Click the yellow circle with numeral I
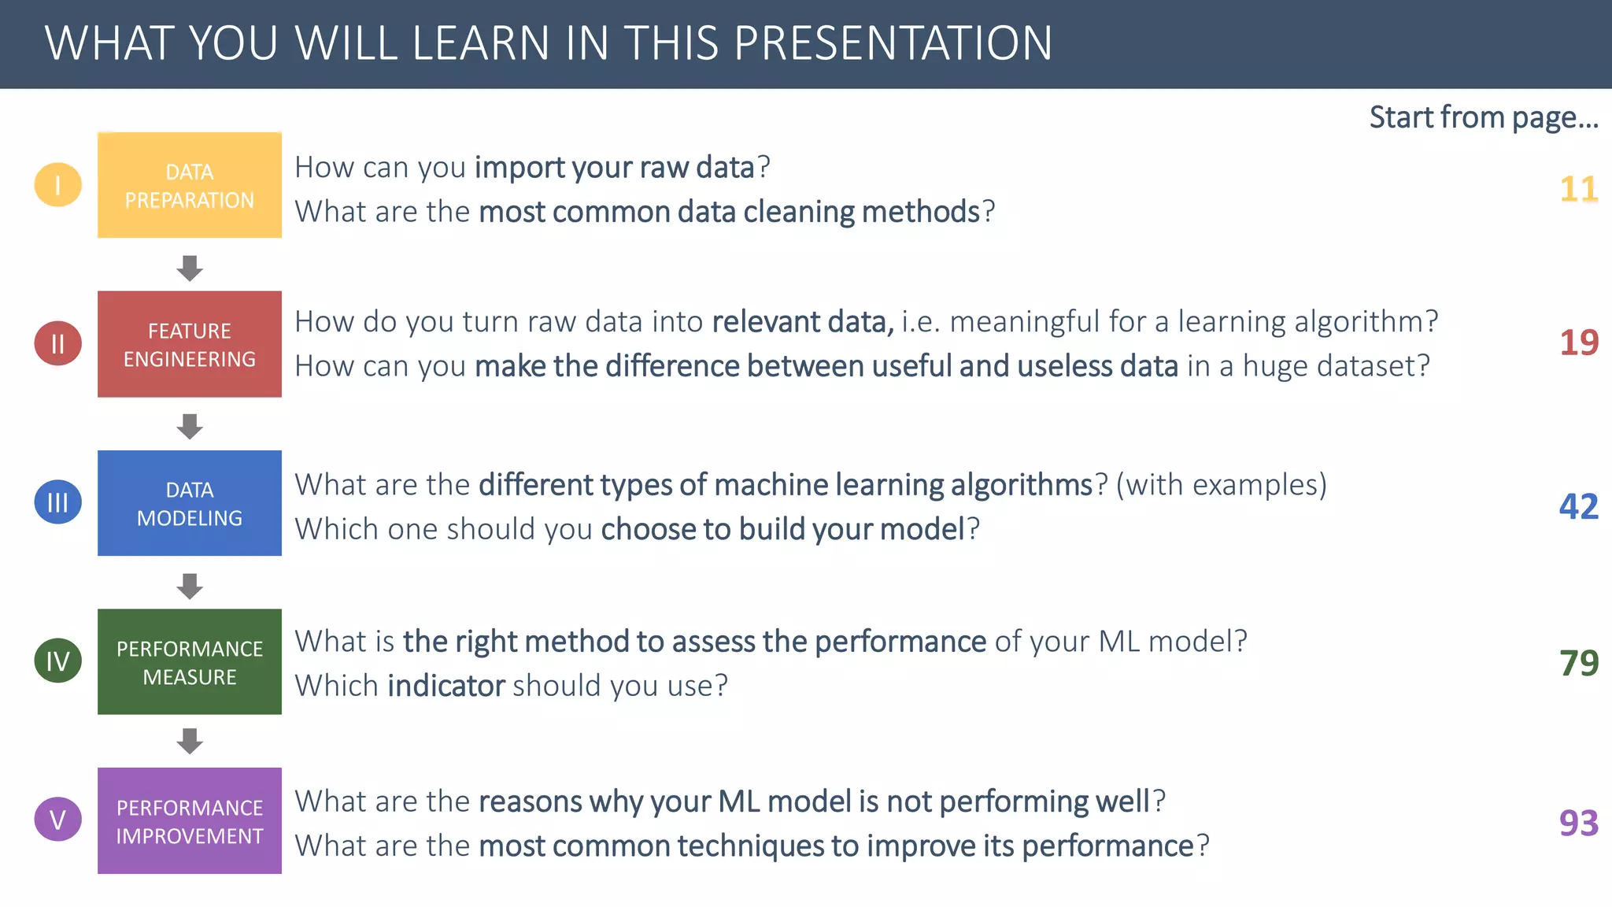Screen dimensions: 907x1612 (x=57, y=185)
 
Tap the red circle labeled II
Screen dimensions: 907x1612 (x=57, y=343)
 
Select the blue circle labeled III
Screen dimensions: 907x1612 (x=57, y=502)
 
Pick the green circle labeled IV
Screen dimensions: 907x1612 (x=57, y=661)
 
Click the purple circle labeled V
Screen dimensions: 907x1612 (x=57, y=820)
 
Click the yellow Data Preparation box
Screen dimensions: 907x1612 (x=190, y=185)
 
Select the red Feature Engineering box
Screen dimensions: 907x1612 (x=190, y=344)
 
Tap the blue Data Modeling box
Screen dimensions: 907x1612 (x=190, y=503)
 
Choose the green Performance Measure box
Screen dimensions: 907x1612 (x=190, y=661)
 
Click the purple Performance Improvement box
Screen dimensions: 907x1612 (x=190, y=820)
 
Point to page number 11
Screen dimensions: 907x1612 (x=1578, y=189)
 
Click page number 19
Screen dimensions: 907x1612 (x=1578, y=342)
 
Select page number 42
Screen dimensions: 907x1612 (x=1578, y=506)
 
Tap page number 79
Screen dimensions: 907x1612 (x=1578, y=663)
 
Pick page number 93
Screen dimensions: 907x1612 (x=1578, y=823)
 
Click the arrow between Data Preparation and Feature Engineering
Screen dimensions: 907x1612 (x=190, y=268)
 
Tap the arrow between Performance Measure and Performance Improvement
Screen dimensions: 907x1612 (x=190, y=741)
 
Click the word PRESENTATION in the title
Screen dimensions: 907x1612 (x=893, y=43)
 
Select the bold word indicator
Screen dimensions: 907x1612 (x=446, y=686)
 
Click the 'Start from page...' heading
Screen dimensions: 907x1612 (x=1483, y=117)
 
